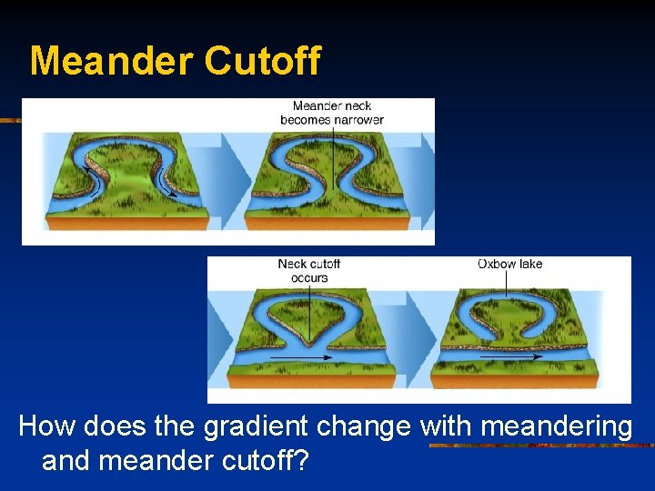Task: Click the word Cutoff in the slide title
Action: pyautogui.click(x=263, y=61)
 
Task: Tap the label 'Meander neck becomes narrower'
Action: pyautogui.click(x=332, y=113)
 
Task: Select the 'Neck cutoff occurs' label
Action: pyautogui.click(x=309, y=271)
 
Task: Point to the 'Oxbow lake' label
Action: pyautogui.click(x=509, y=265)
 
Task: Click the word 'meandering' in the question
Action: pyautogui.click(x=555, y=426)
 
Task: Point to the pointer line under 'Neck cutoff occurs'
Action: pyautogui.click(x=310, y=309)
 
